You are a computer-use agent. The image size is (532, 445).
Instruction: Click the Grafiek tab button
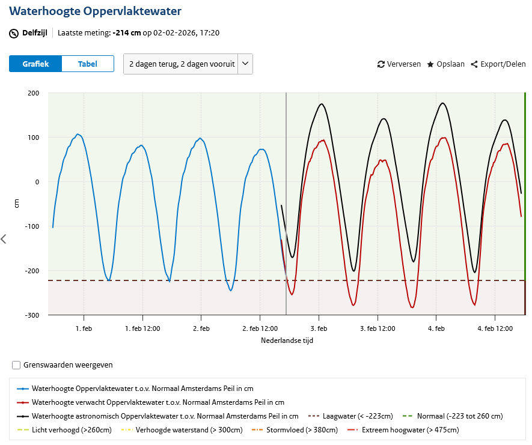tap(35, 64)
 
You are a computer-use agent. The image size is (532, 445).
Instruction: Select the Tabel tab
tap(88, 64)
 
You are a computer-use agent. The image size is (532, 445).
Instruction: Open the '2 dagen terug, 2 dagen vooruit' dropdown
tap(188, 64)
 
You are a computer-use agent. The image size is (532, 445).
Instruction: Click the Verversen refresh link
tap(399, 64)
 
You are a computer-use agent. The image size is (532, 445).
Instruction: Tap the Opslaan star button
tap(446, 64)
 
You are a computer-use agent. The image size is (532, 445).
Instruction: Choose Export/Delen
tap(498, 64)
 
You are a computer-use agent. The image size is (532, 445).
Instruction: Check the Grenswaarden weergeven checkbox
tap(16, 365)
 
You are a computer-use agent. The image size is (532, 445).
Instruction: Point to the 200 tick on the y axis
tap(33, 93)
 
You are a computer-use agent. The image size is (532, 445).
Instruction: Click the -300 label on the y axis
tap(32, 315)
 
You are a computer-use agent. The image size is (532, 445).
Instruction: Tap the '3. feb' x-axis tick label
tap(319, 328)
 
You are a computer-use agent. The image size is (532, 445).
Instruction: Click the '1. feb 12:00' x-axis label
tap(142, 328)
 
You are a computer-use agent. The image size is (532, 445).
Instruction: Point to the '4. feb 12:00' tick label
tap(495, 328)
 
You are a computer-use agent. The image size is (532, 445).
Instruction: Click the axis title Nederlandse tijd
tap(287, 341)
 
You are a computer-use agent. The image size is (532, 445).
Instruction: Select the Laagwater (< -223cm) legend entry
tap(350, 416)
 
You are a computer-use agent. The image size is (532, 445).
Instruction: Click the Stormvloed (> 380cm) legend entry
tap(295, 430)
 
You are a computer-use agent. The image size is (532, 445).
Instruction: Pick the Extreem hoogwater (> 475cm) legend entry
tap(403, 430)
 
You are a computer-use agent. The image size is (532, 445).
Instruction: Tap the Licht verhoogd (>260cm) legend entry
tap(64, 430)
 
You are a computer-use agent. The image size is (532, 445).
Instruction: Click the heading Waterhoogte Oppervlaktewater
tap(96, 11)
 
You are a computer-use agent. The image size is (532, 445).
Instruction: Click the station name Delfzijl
tap(35, 33)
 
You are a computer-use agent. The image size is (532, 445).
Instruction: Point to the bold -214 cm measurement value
tap(127, 33)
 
